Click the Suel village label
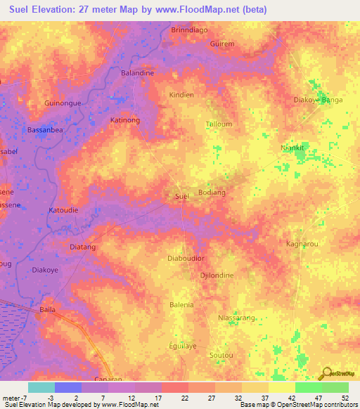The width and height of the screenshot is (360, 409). pyautogui.click(x=181, y=196)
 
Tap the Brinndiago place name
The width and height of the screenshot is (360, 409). pyautogui.click(x=191, y=30)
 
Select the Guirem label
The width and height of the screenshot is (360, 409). pyautogui.click(x=222, y=44)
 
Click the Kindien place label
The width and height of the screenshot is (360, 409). pyautogui.click(x=181, y=94)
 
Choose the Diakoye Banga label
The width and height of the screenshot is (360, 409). pyautogui.click(x=318, y=100)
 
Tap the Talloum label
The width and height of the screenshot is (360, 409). pyautogui.click(x=219, y=124)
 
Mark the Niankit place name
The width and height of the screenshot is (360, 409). pyautogui.click(x=292, y=148)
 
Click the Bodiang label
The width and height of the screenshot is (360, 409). pyautogui.click(x=212, y=193)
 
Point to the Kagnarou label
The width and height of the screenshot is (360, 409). pyautogui.click(x=303, y=244)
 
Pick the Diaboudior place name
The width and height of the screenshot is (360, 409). pyautogui.click(x=186, y=258)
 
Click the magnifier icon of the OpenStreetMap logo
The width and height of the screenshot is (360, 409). pyautogui.click(x=325, y=372)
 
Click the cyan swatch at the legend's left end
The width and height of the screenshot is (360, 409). pyautogui.click(x=41, y=387)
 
